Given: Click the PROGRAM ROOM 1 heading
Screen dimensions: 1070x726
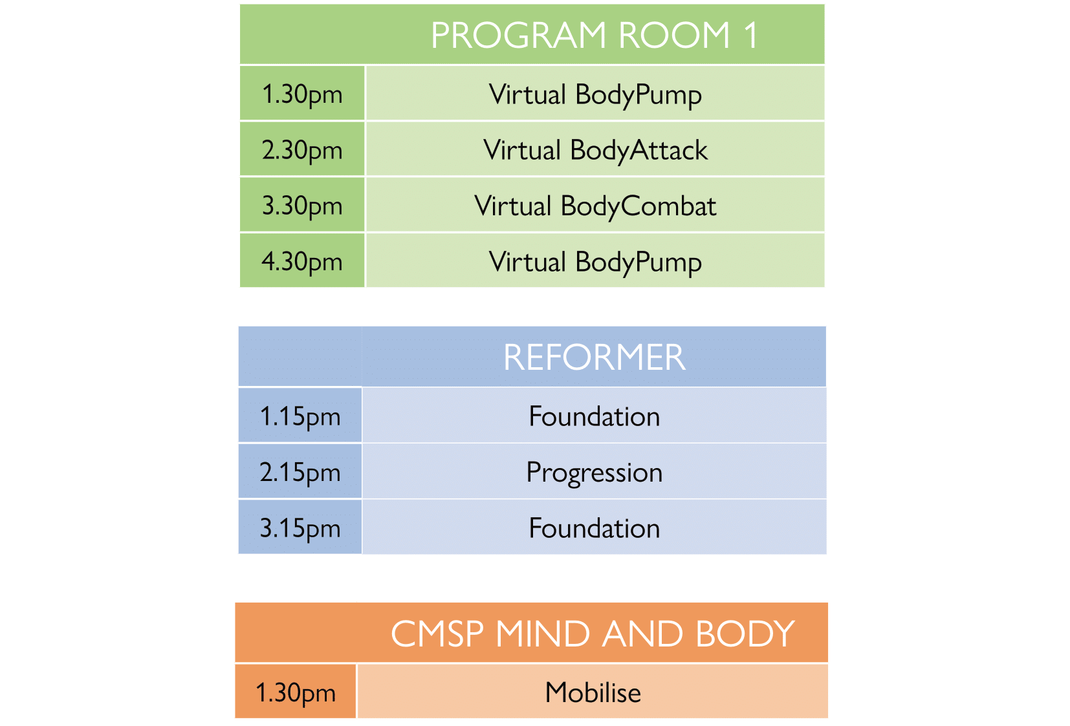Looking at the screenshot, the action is [x=595, y=35].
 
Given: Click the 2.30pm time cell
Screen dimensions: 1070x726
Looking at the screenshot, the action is [x=302, y=149].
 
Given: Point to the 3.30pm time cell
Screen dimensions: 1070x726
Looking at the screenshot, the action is [x=302, y=205].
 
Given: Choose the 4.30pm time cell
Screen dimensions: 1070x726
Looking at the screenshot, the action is [x=302, y=261].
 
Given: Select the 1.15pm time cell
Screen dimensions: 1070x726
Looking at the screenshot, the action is [x=300, y=415].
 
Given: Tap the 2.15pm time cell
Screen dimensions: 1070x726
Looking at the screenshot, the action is [x=300, y=471].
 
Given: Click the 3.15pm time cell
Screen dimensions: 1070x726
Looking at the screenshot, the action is [x=300, y=527].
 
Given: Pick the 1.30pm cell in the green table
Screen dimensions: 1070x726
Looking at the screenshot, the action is [x=302, y=94].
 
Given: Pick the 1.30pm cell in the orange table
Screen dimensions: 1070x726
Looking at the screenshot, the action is [x=296, y=691].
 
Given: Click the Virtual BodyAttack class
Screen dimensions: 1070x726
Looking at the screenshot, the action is [x=595, y=151].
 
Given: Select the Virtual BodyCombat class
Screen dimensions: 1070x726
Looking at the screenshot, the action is [x=595, y=207].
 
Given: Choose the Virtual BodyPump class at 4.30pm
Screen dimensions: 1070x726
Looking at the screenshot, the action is [x=595, y=262].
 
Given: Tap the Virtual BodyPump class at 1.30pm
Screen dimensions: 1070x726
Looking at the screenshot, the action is [x=595, y=95].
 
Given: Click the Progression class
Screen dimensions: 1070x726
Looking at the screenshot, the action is [x=595, y=473].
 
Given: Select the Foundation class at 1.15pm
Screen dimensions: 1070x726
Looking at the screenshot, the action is [x=595, y=416].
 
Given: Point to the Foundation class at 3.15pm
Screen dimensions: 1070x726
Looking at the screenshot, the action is [x=595, y=528].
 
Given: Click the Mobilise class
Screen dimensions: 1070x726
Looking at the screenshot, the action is [x=593, y=692].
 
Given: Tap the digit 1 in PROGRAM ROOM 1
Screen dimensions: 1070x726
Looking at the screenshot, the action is [x=751, y=35].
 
